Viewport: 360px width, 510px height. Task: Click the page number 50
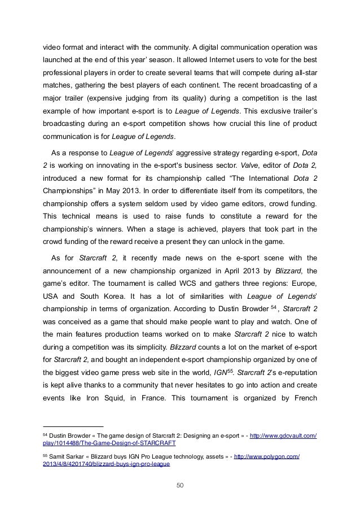click(180, 484)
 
